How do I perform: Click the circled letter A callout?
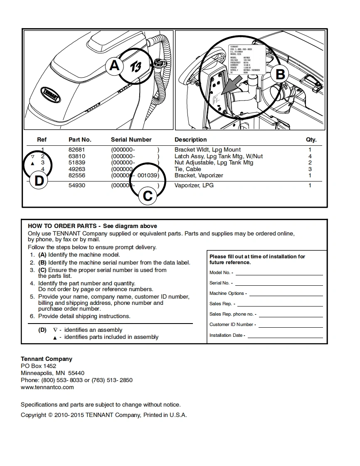pyautogui.click(x=114, y=66)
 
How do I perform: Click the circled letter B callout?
pyautogui.click(x=280, y=74)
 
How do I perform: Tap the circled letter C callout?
pyautogui.click(x=148, y=195)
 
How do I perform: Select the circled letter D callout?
pyautogui.click(x=39, y=181)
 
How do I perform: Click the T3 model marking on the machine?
pyautogui.click(x=136, y=66)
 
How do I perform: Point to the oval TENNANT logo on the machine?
pyautogui.click(x=51, y=95)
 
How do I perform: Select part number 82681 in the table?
pyautogui.click(x=76, y=150)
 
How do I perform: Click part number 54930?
pyautogui.click(x=76, y=185)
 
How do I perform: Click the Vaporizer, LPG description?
pyautogui.click(x=194, y=185)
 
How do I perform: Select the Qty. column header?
pyautogui.click(x=311, y=140)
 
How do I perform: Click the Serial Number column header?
pyautogui.click(x=131, y=140)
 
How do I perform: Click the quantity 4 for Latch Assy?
pyautogui.click(x=310, y=156)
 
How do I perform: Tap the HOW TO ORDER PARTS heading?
pyautogui.click(x=62, y=226)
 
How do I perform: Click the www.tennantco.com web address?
pyautogui.click(x=47, y=387)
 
